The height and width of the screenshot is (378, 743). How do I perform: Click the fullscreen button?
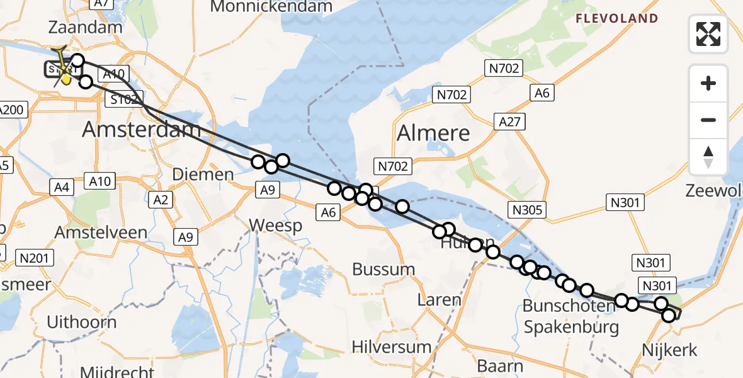click(708, 33)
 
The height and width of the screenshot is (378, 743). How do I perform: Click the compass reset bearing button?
click(708, 157)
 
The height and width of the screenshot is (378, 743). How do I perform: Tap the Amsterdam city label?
click(142, 131)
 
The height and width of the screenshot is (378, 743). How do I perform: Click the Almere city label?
click(433, 133)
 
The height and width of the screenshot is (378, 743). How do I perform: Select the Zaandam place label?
click(84, 28)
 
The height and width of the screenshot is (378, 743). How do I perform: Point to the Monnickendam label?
click(271, 7)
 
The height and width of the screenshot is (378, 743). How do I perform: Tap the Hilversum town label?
click(392, 346)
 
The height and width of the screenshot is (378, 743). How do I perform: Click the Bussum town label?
click(383, 269)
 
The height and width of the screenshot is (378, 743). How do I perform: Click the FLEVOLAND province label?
click(616, 19)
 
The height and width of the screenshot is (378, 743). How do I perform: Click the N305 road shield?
click(528, 210)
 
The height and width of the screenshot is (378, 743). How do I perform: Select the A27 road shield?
click(510, 121)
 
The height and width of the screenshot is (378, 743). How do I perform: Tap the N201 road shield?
click(36, 257)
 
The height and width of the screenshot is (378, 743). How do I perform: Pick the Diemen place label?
click(203, 174)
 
